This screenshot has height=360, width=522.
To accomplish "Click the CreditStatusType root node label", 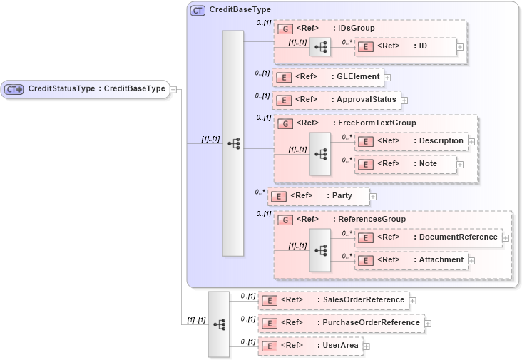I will tap(96, 89).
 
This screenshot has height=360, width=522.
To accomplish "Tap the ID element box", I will tap(405, 46).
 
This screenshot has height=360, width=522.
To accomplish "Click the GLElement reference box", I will tap(329, 76).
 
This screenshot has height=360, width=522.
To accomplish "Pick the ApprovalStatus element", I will tap(337, 100).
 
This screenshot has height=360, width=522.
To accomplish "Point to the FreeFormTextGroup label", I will tap(377, 123).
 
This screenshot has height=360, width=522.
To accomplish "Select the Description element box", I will tap(413, 141).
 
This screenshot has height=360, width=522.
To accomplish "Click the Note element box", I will tap(405, 164).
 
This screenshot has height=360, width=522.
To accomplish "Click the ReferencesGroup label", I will tap(372, 220).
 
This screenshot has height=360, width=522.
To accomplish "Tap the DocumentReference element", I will tap(428, 237).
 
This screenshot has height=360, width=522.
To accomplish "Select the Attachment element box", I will tap(413, 260).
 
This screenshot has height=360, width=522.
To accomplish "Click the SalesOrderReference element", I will tap(334, 300).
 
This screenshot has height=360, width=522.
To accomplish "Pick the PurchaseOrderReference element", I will tap(341, 323).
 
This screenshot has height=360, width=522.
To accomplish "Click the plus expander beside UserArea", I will tap(367, 346).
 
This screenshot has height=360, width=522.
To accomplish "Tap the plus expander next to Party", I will tap(373, 196).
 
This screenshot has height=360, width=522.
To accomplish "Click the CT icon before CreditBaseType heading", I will tap(198, 11).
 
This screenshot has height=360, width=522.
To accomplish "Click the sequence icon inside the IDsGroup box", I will tap(320, 47).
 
